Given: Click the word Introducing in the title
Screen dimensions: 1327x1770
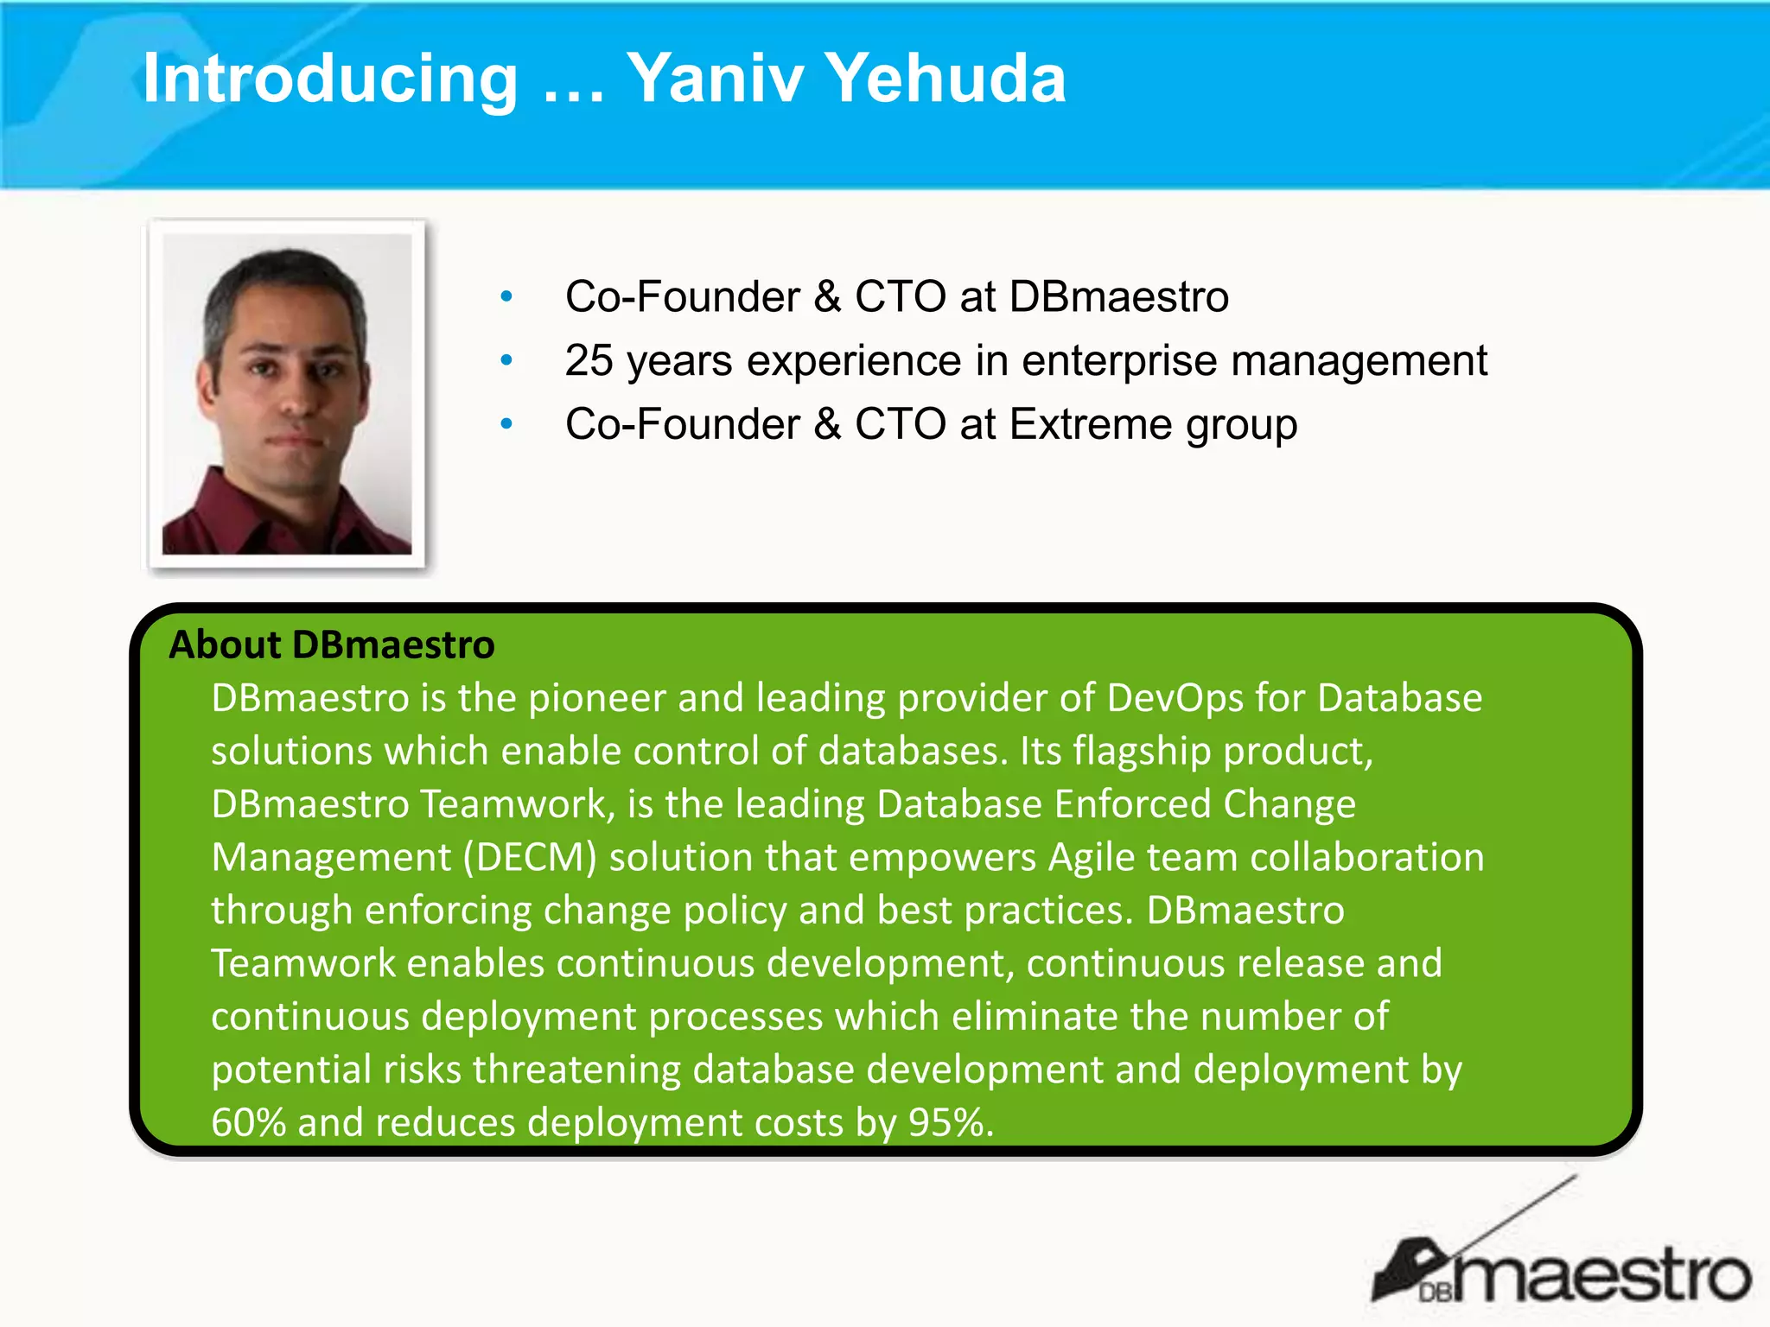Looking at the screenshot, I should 330,79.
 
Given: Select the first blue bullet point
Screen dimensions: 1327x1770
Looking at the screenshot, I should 507,297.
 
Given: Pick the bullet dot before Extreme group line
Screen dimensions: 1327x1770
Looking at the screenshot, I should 507,424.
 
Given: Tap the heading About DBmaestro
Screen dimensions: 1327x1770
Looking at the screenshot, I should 332,645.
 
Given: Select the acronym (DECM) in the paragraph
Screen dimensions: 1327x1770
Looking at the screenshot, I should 530,858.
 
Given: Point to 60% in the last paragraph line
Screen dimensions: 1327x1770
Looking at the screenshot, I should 249,1123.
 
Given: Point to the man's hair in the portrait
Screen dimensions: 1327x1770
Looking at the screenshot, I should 285,276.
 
